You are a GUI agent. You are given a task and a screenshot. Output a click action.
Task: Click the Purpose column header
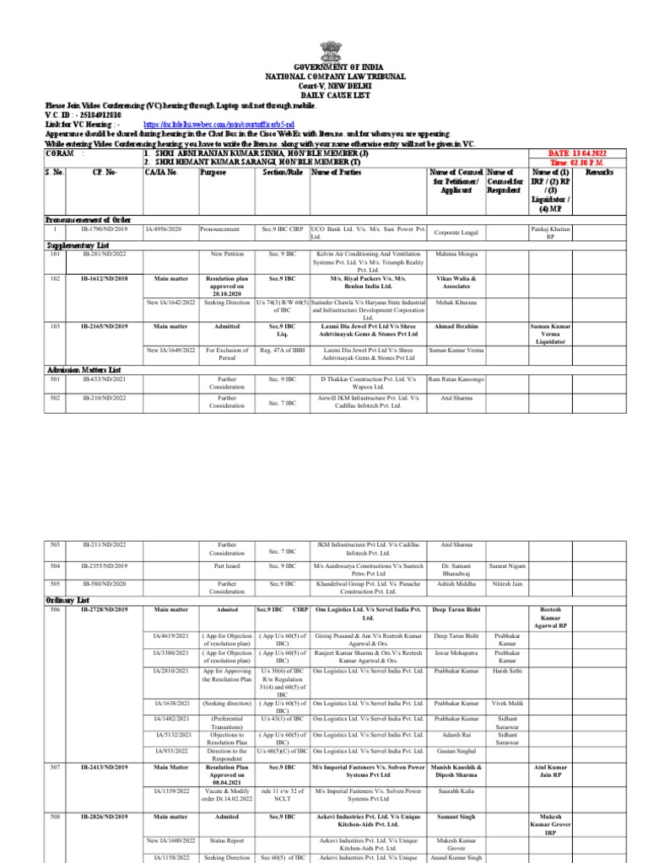pos(213,172)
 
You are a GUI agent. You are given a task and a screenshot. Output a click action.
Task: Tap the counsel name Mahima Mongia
pos(456,253)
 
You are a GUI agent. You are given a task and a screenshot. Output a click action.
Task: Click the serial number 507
pos(54,767)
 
